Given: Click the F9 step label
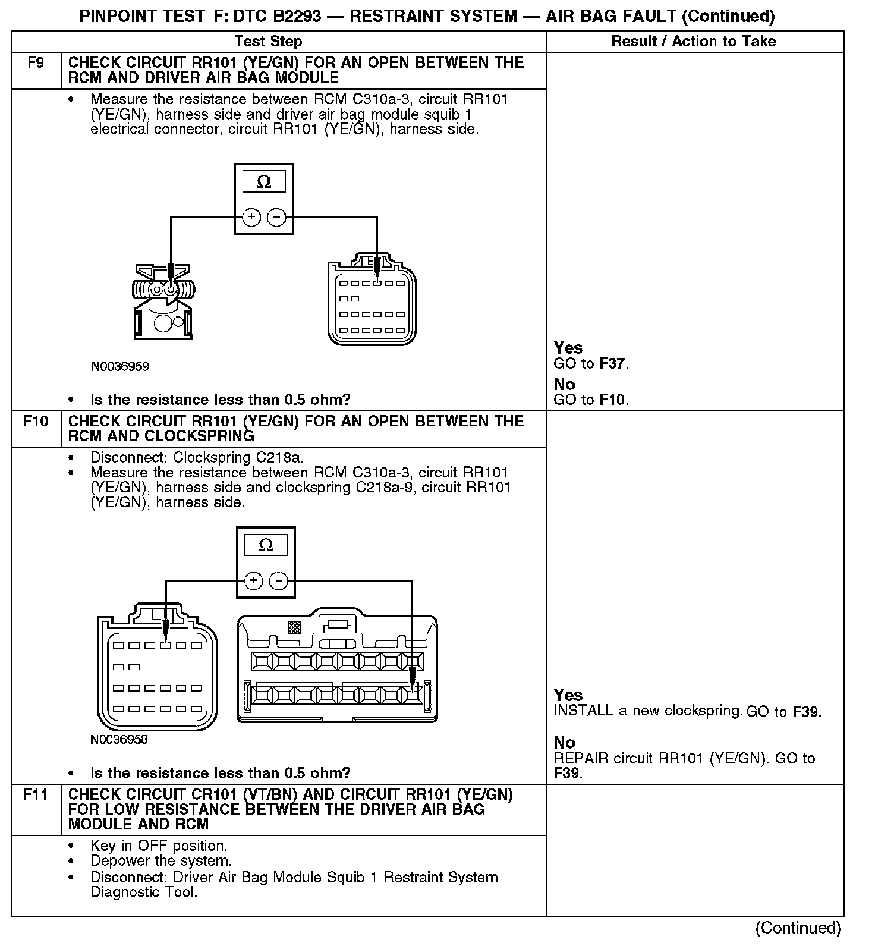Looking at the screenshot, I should coord(36,63).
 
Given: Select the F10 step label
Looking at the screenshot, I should coord(36,422).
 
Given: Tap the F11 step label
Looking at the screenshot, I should coord(36,794).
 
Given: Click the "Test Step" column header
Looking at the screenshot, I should coord(268,42).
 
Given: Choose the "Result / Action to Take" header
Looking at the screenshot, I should coord(694,42).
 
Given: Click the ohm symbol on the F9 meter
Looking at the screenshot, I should coord(264,182).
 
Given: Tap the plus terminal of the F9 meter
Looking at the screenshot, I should coord(251,217).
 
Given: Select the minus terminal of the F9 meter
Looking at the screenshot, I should coord(276,217).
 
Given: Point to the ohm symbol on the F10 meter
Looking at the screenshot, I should coord(266,545).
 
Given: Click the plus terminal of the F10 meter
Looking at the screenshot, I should coord(253,580).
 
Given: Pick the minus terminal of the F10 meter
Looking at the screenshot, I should coord(279,580).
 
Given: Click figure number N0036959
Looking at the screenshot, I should coord(119,366).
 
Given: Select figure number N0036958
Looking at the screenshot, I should coord(119,740).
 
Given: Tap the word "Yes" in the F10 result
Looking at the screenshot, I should coord(568,695).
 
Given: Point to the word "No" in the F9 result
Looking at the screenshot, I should coord(564,384).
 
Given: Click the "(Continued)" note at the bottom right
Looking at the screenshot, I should coord(798,928).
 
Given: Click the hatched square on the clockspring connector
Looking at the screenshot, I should coord(294,627).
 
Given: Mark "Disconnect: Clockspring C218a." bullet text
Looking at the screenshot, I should coord(197,458).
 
